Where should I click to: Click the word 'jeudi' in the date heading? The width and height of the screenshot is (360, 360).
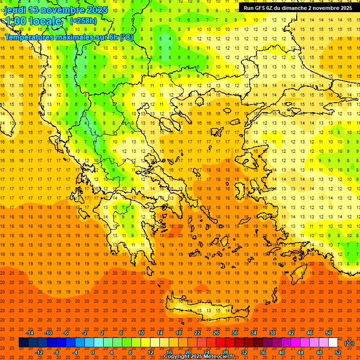[x=15, y=10]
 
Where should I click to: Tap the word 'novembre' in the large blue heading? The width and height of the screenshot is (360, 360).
[x=63, y=10]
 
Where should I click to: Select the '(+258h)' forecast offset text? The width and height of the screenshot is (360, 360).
[x=83, y=21]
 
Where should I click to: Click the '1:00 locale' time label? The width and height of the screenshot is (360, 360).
[x=34, y=22]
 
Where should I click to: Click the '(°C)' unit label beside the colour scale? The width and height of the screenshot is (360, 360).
[x=349, y=343]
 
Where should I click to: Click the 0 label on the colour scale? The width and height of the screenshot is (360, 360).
[x=93, y=352]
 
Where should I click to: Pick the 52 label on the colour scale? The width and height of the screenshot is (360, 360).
[x=338, y=352]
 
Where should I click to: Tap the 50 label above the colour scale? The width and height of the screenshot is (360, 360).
[x=329, y=333]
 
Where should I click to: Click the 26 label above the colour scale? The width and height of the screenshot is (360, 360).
[x=216, y=333]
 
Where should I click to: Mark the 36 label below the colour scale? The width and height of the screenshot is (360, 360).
[x=263, y=352]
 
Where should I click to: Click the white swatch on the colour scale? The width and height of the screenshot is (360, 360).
[x=333, y=343]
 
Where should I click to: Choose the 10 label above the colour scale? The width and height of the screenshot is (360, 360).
[x=141, y=333]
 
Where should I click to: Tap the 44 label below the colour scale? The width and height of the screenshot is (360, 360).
[x=300, y=352]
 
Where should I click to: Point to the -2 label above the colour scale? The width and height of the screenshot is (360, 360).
[x=85, y=333]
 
